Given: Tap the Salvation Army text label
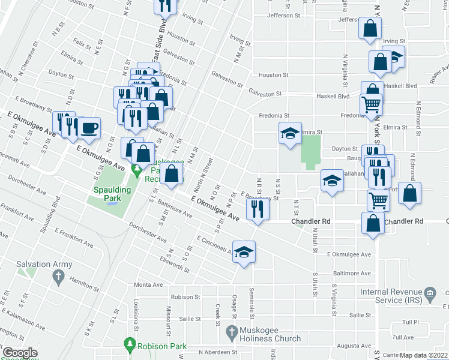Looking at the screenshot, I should (44, 264).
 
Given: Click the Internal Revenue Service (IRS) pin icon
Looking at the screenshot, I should (429, 293).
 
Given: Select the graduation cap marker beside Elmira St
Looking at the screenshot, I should (290, 133).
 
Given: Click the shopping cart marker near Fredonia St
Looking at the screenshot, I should (372, 104).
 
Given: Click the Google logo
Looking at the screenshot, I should (20, 353).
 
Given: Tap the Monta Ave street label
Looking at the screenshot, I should (148, 284).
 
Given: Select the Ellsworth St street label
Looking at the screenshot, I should (174, 265).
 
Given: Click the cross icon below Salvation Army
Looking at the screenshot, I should (58, 277).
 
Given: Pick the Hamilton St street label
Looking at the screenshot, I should (83, 280).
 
